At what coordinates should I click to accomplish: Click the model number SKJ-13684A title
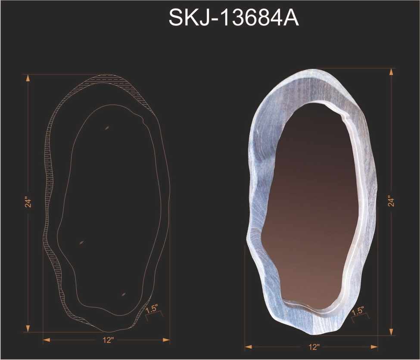tap(233, 18)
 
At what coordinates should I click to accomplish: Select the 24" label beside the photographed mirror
tap(391, 201)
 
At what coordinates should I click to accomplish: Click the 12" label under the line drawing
tap(108, 341)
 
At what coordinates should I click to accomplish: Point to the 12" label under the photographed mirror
tap(314, 347)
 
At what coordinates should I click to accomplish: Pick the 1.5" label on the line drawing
tap(152, 309)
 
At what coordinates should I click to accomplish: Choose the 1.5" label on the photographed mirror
tap(358, 310)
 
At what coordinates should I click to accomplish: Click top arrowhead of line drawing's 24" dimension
tap(28, 78)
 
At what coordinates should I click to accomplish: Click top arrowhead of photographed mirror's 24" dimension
tap(391, 71)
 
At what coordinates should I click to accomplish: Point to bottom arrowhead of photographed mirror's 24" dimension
tap(391, 332)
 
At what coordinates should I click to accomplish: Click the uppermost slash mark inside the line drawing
tap(106, 127)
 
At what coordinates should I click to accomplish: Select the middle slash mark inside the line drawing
tap(81, 242)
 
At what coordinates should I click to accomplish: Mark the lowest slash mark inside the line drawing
tap(124, 294)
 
